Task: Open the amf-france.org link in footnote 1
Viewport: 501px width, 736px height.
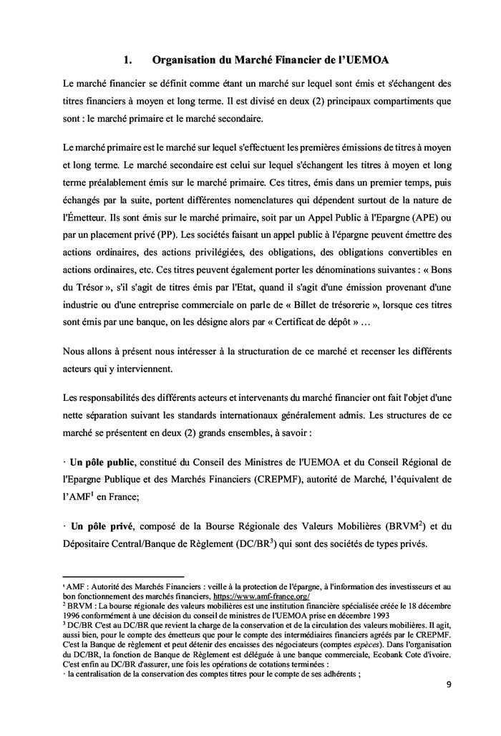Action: coord(261,596)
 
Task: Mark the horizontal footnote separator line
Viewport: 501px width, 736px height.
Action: coord(123,576)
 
